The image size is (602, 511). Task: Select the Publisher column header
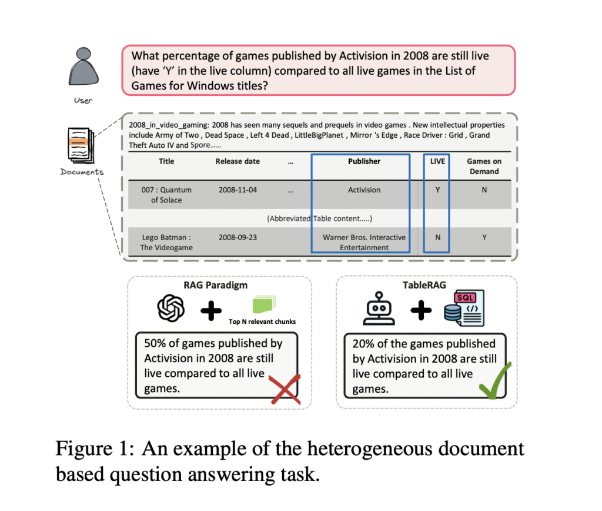pyautogui.click(x=364, y=161)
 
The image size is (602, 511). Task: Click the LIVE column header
pyautogui.click(x=437, y=161)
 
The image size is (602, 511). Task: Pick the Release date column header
pyautogui.click(x=238, y=161)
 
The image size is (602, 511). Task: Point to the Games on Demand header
pyautogui.click(x=484, y=166)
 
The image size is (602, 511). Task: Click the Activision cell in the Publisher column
pyautogui.click(x=364, y=190)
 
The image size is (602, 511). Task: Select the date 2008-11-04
pyautogui.click(x=238, y=190)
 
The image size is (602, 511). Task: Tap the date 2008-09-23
pyautogui.click(x=238, y=237)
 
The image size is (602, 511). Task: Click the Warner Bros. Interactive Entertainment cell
pyautogui.click(x=364, y=243)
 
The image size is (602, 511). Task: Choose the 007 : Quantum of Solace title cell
pyautogui.click(x=166, y=195)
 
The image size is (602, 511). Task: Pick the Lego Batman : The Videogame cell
pyautogui.click(x=166, y=243)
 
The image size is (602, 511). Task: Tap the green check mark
pyautogui.click(x=495, y=381)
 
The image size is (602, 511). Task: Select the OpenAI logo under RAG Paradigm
pyautogui.click(x=171, y=308)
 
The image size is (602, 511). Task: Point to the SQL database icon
pyautogui.click(x=464, y=308)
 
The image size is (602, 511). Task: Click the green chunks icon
pyautogui.click(x=263, y=304)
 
